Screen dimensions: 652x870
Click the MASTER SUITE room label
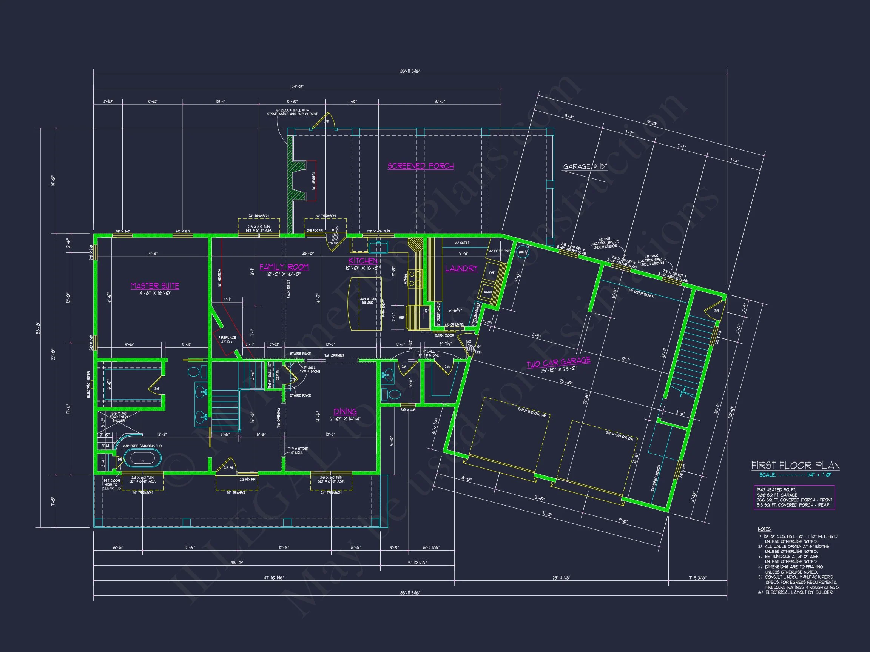click(x=154, y=286)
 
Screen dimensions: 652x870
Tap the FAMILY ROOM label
click(x=284, y=267)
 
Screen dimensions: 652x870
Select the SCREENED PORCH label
click(x=420, y=166)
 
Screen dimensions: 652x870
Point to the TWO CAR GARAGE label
click(x=558, y=362)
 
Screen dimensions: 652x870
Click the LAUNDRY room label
click(x=461, y=268)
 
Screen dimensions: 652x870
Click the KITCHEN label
click(x=362, y=261)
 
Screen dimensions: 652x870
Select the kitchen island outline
click(x=366, y=303)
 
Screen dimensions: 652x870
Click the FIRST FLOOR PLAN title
click(x=795, y=466)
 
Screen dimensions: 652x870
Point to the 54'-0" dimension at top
click(x=297, y=86)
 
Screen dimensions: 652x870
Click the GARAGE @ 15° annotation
click(x=585, y=166)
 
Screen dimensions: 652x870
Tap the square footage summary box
click(x=794, y=497)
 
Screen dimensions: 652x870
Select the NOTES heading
click(x=765, y=529)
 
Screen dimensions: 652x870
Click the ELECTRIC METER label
click(x=89, y=384)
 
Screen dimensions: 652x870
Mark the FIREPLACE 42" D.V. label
click(x=227, y=340)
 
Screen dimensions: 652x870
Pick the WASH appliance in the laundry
click(x=487, y=292)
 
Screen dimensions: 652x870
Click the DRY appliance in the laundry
click(x=492, y=273)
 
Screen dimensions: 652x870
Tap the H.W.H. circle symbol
click(x=522, y=252)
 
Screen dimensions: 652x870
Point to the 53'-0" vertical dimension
click(x=38, y=327)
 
